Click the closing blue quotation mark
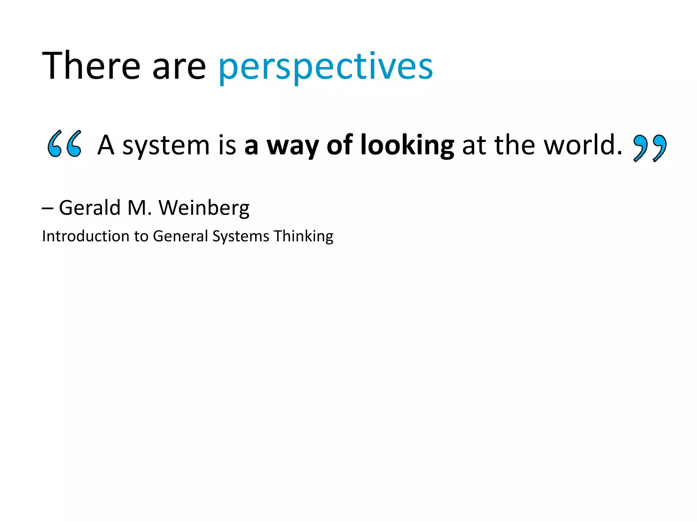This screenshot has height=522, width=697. click(649, 148)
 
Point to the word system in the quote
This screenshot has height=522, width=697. click(166, 146)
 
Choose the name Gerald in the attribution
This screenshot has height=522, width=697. click(90, 208)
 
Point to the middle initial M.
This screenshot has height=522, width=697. click(139, 208)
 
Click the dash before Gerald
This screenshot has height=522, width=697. click(47, 208)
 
